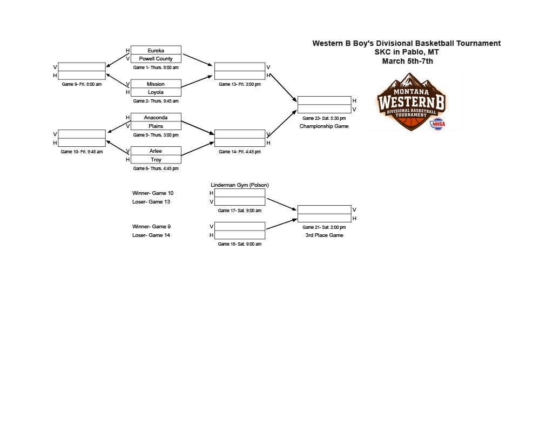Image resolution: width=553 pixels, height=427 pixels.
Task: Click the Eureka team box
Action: point(156,50)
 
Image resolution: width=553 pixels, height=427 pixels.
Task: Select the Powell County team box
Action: point(156,59)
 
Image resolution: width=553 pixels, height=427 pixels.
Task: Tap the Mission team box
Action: point(156,84)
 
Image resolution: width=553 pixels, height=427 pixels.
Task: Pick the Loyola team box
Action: point(156,92)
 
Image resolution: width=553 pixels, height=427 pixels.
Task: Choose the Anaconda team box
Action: point(156,117)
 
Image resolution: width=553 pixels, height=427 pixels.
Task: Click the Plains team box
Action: point(156,126)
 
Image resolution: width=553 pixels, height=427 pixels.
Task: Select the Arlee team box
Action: point(156,151)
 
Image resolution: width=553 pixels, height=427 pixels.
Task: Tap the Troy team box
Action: point(156,159)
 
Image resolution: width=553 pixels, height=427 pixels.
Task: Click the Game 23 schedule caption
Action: point(324,118)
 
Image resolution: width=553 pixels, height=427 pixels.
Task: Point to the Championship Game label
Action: point(324,126)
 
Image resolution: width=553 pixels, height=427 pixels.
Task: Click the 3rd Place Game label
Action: point(324,235)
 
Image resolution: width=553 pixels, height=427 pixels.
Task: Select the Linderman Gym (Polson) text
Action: point(240,185)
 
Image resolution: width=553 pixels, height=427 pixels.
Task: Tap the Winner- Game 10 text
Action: point(153,193)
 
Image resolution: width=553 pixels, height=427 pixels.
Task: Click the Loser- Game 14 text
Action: point(151,235)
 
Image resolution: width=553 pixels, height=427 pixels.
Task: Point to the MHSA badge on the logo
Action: point(437,124)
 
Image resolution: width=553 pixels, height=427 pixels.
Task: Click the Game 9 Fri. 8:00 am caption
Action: point(82,84)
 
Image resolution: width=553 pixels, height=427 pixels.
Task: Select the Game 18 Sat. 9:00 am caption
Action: point(240,244)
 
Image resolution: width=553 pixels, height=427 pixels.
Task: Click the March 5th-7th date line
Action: point(407,61)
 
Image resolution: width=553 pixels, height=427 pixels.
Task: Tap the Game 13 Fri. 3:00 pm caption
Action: point(240,84)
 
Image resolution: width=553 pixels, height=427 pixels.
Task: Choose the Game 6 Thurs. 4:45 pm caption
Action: point(156,168)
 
